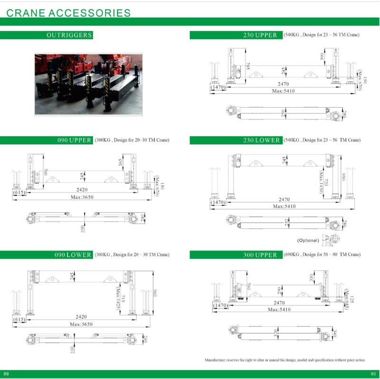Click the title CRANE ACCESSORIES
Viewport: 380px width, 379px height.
[x=68, y=12]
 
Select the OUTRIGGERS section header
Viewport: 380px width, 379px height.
[x=69, y=35]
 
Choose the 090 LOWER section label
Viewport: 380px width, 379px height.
[x=72, y=255]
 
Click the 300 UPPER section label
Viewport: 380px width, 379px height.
[x=260, y=255]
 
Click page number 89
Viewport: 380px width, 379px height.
[x=6, y=373]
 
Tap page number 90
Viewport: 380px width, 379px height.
[x=373, y=373]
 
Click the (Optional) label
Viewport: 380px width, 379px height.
[x=308, y=240]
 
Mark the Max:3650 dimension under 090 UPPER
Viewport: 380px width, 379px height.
[x=81, y=197]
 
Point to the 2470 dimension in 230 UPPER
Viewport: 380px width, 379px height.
[x=284, y=84]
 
